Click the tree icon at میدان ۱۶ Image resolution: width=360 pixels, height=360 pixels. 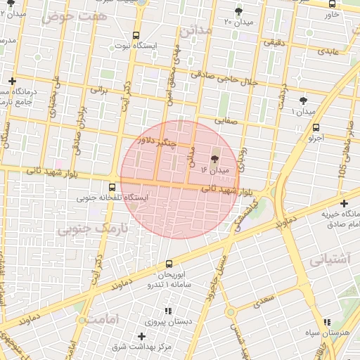coord(214,160)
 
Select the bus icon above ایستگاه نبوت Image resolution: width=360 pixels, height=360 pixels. coord(136,34)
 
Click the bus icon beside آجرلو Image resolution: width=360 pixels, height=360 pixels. coord(316,127)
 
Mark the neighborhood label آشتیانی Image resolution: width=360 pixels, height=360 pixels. coord(329,259)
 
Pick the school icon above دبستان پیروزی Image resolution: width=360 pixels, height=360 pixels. coord(167,311)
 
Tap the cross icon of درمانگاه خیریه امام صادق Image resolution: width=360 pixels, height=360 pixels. coord(343,203)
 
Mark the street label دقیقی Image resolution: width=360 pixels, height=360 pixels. coord(274,42)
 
